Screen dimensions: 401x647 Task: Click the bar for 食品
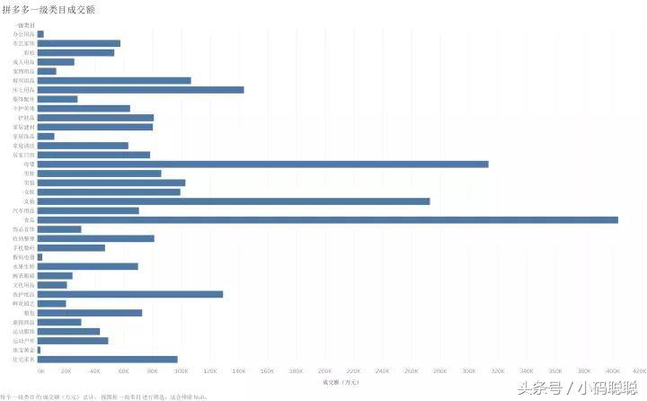coord(328,219)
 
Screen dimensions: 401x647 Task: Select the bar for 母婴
coord(262,164)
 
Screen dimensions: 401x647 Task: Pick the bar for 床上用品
coord(140,90)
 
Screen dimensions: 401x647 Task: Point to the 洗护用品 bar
coord(130,294)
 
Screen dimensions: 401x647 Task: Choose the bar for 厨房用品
coord(114,80)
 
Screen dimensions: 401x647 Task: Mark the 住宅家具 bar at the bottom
coord(107,359)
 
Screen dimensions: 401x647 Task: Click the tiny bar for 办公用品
coord(40,34)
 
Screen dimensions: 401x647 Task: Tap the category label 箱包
coord(30,313)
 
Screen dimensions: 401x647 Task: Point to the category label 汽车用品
coord(25,210)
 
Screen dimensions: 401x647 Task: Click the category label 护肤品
coord(28,118)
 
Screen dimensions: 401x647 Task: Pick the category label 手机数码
coord(25,247)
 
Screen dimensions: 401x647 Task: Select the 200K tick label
coord(325,370)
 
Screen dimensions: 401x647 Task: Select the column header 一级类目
coord(25,25)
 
